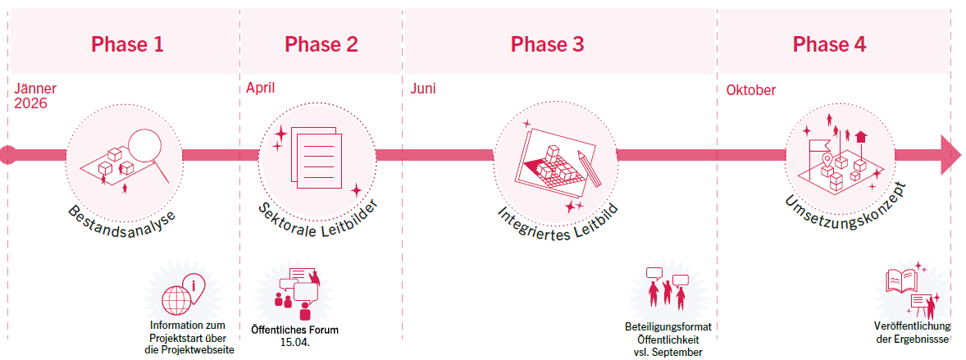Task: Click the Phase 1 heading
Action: pos(127,44)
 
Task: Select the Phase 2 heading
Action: pos(321,44)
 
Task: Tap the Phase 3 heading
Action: pos(548,44)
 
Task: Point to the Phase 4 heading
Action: pos(829,44)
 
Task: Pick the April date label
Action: pos(261,88)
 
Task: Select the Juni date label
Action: pos(424,89)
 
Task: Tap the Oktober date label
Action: pos(750,90)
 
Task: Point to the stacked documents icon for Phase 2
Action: pos(314,154)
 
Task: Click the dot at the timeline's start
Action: pos(7,154)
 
